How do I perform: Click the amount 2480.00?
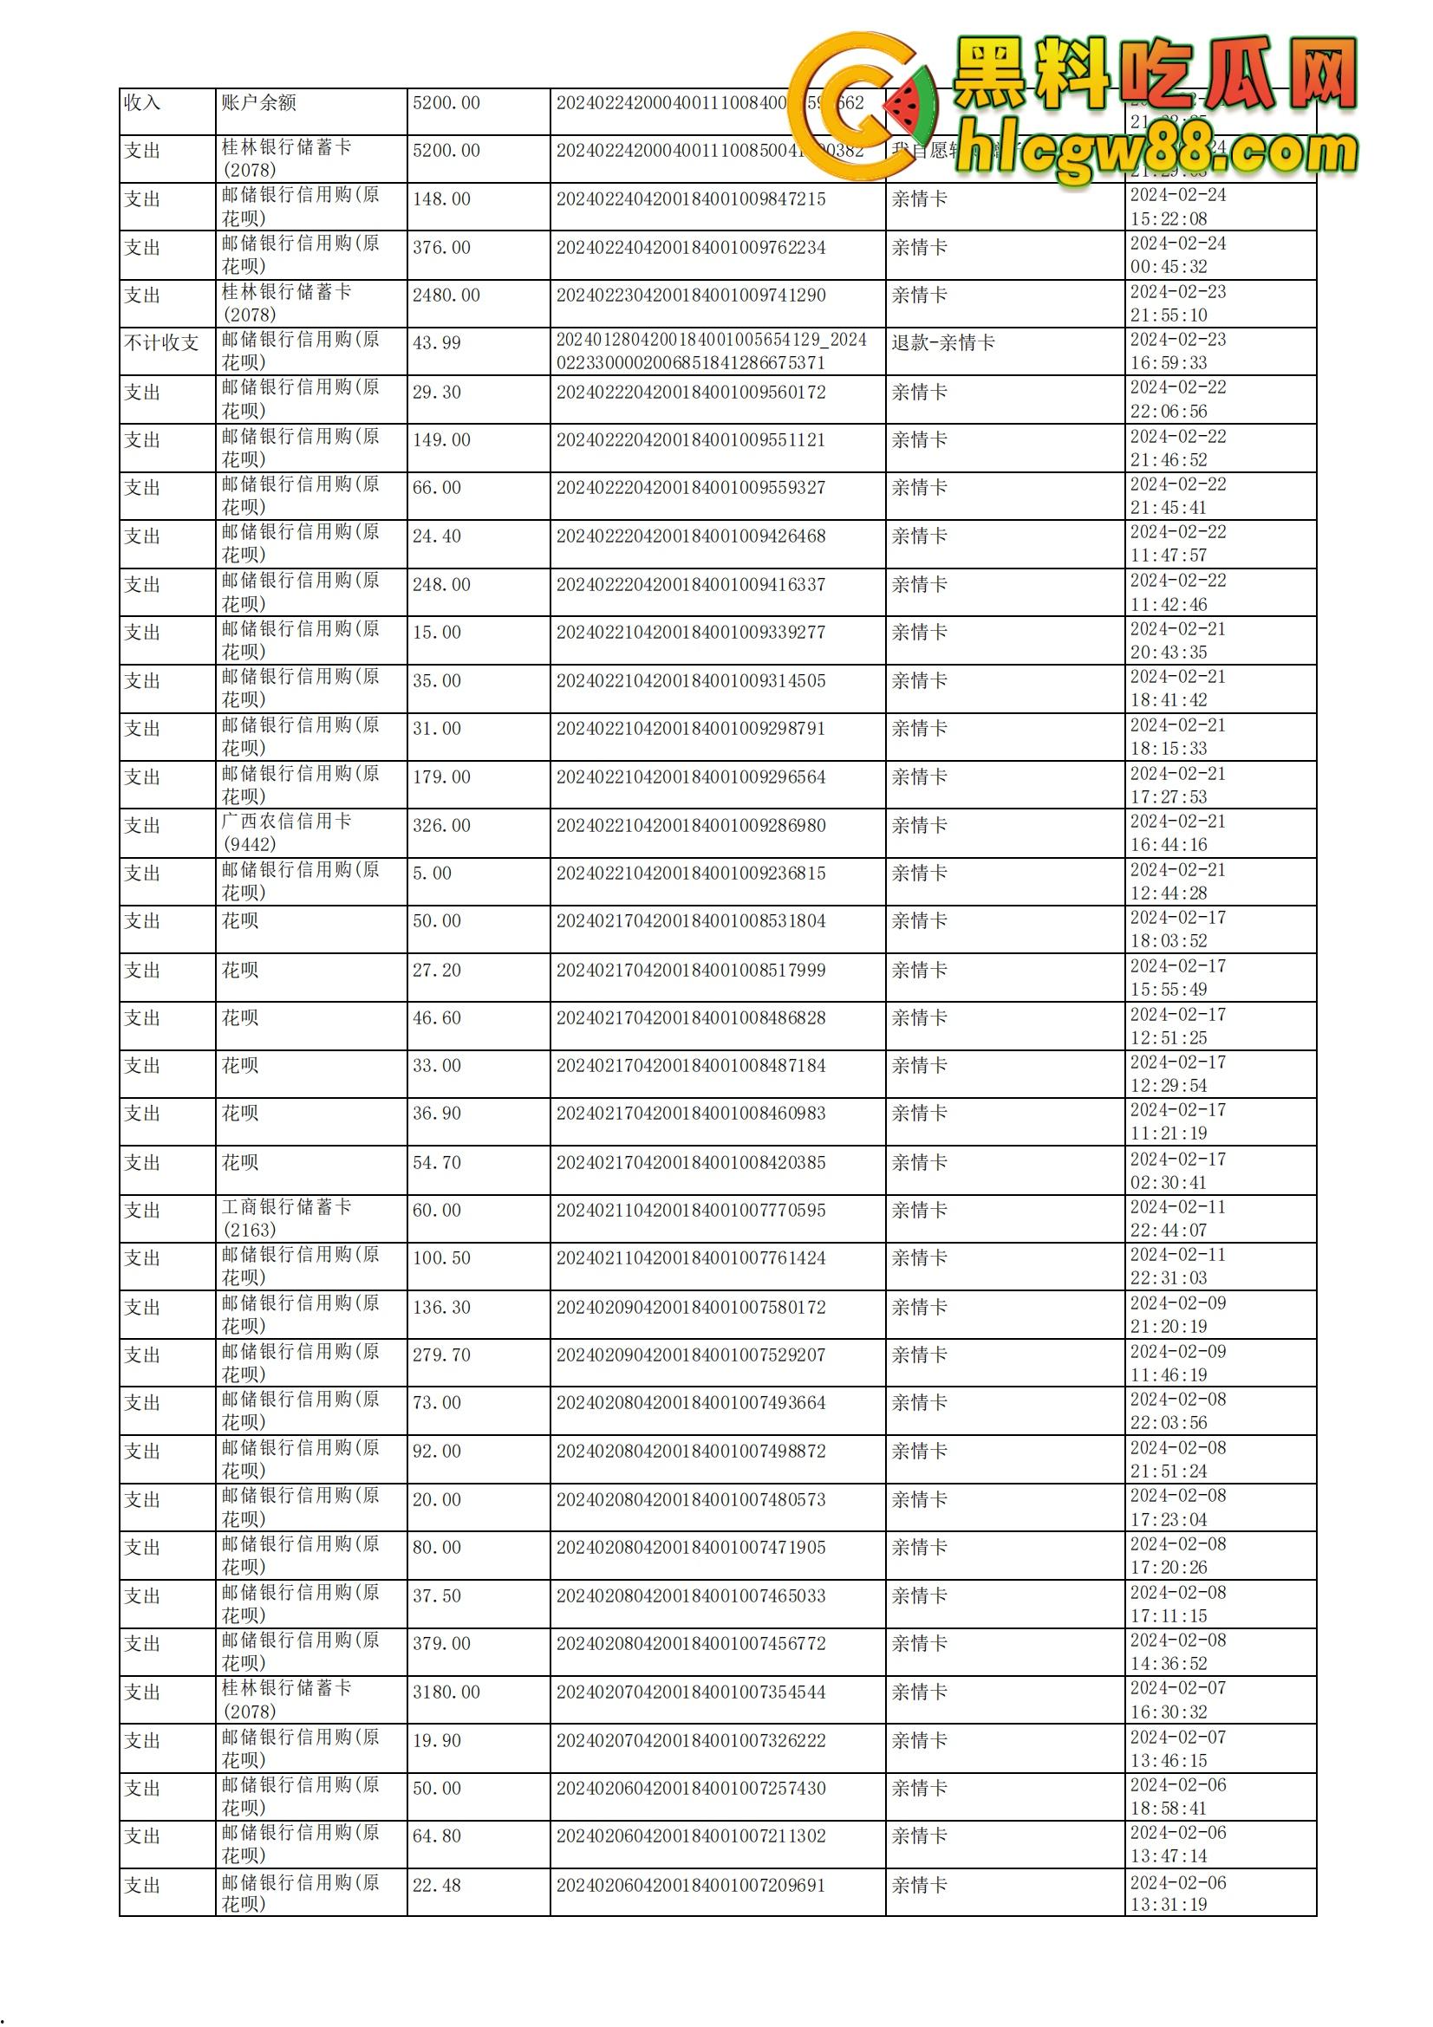pos(446,295)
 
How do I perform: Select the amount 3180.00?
pos(446,1692)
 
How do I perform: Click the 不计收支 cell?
pos(161,342)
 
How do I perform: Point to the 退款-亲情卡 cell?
pos(942,342)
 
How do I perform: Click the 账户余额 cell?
pos(258,102)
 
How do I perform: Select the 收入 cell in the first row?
pos(142,102)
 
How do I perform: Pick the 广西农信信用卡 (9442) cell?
pos(286,833)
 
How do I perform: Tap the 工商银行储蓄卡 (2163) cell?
pos(286,1218)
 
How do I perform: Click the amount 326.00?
pos(441,826)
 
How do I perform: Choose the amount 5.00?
pos(432,874)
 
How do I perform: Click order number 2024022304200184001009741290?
pos(690,295)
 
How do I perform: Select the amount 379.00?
pos(441,1643)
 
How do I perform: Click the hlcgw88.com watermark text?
pos(1156,154)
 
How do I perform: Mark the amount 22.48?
pos(436,1885)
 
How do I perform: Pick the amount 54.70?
pos(436,1163)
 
